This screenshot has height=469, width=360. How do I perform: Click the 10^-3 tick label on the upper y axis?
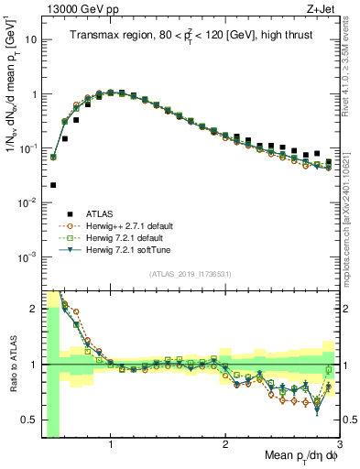tap(29, 256)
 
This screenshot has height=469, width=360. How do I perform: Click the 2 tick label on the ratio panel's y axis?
tap(34, 309)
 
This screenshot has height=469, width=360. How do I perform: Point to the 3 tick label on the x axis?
tap(340, 445)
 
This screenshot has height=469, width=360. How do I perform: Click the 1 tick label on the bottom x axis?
tap(111, 445)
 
